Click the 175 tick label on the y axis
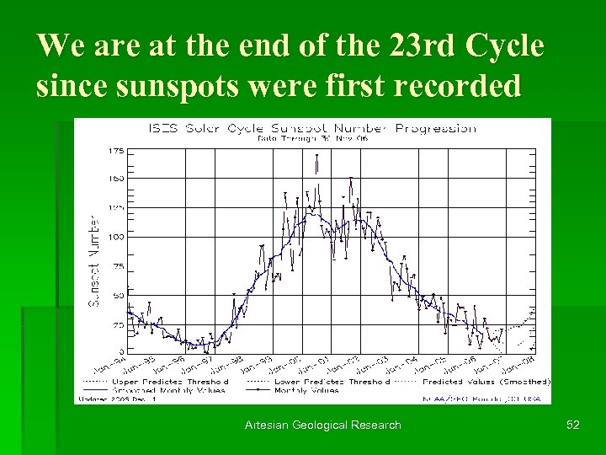click(114, 151)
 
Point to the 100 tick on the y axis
click(114, 237)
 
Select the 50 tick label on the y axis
click(118, 295)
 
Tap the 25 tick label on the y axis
click(118, 324)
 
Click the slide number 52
click(573, 425)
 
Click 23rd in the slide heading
click(419, 46)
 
